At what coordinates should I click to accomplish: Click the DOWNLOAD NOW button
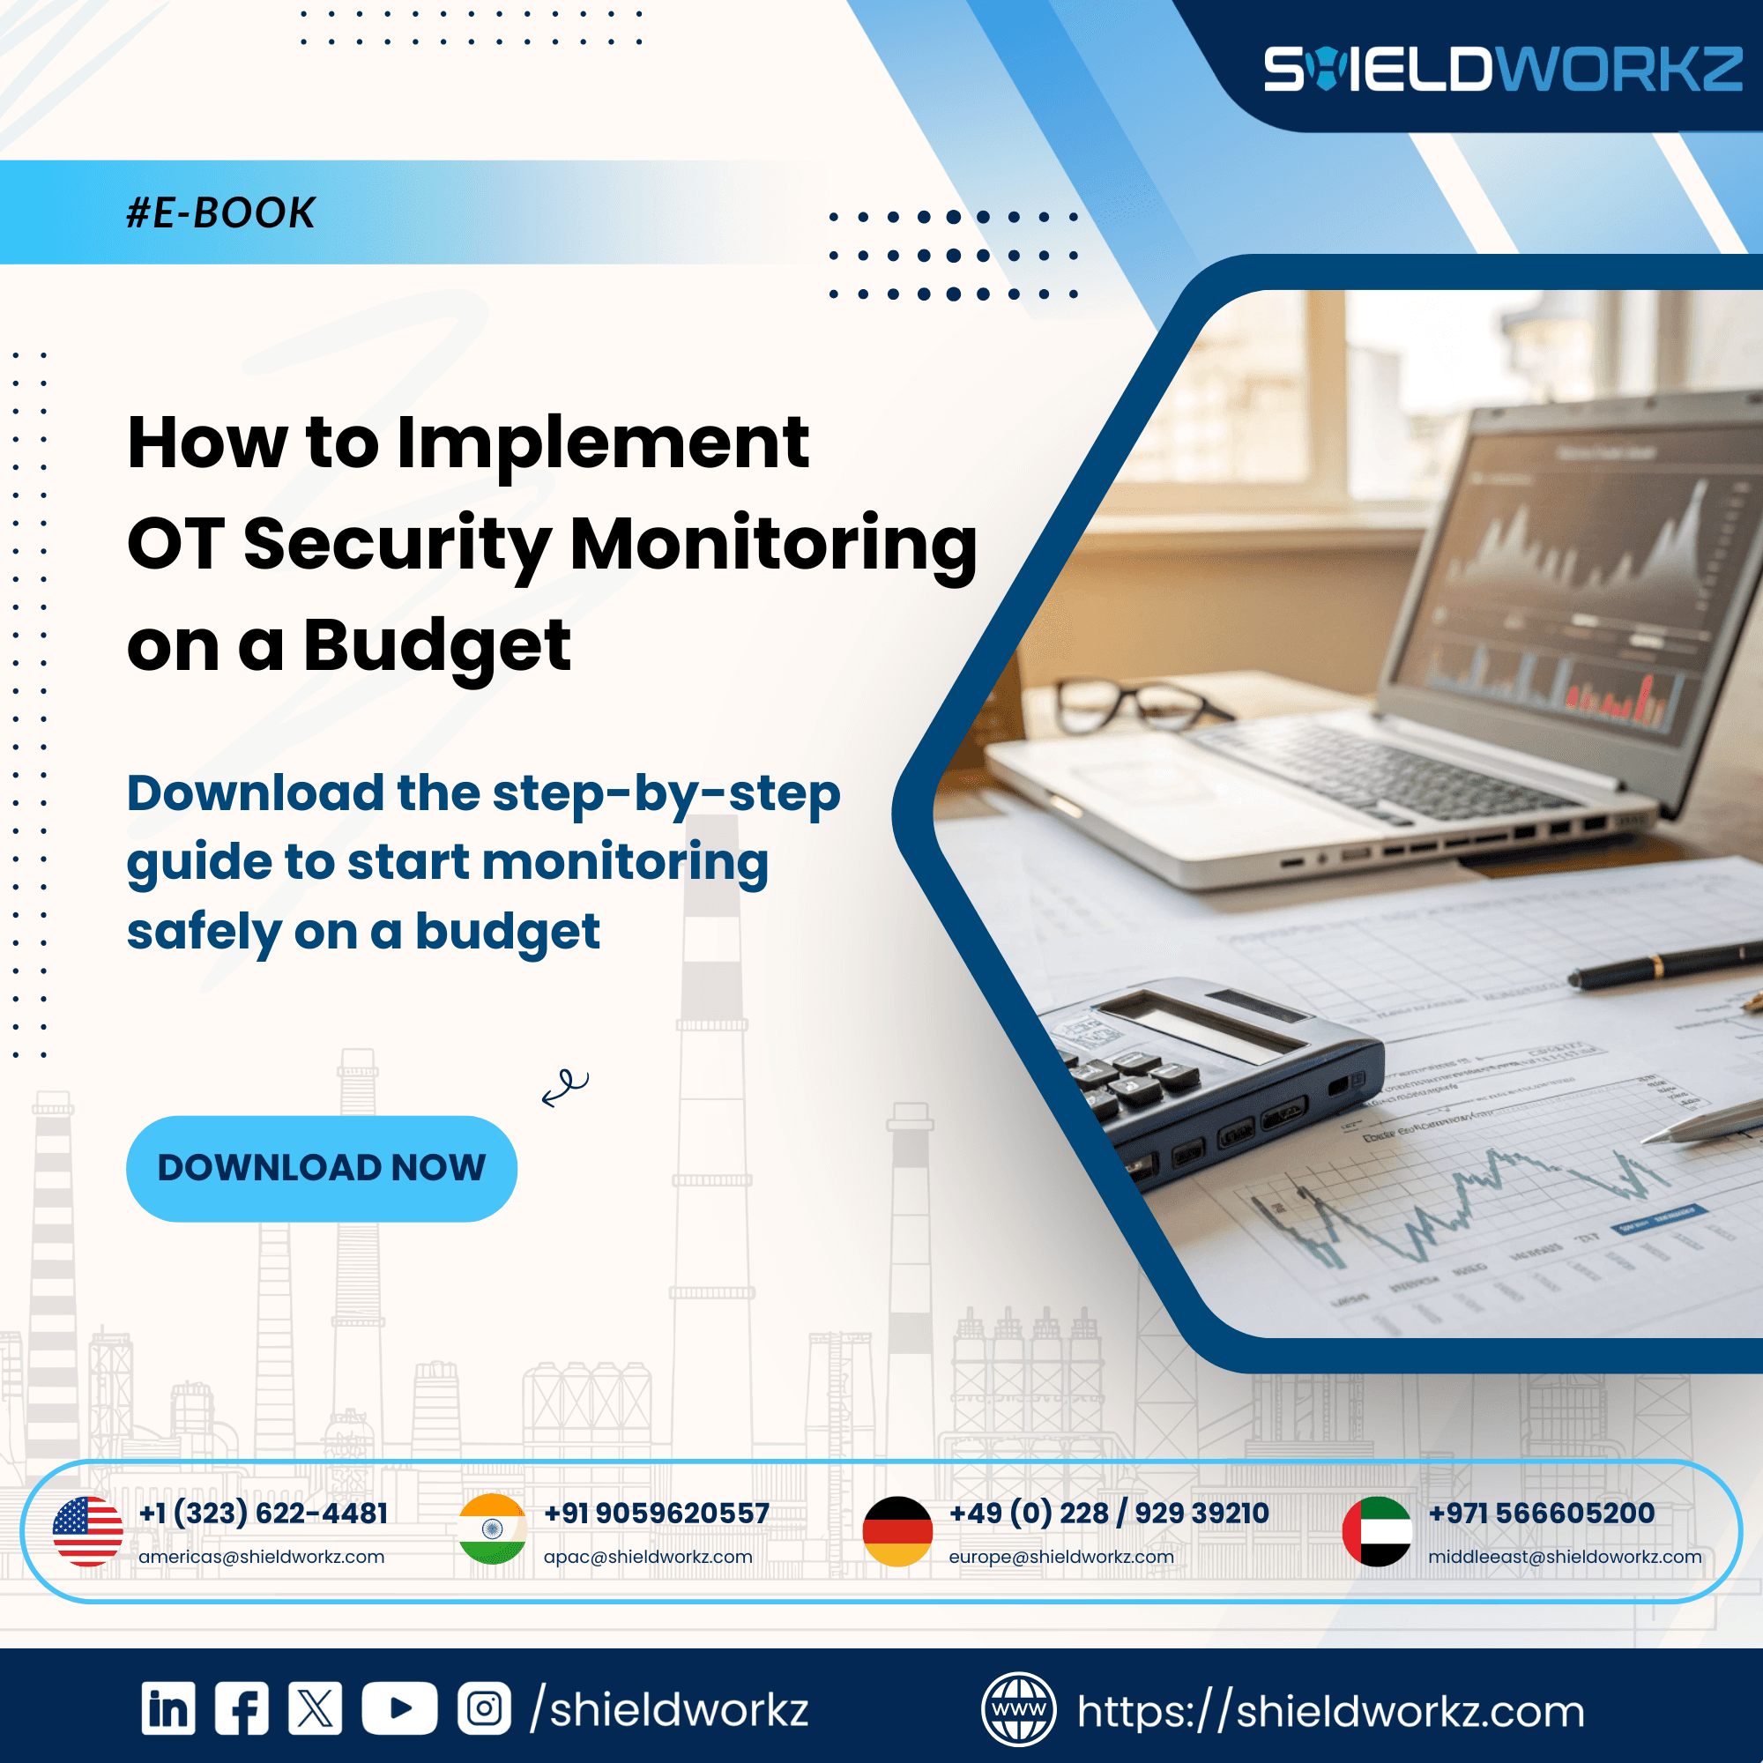point(321,1168)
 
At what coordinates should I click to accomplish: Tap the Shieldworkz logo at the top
point(1502,70)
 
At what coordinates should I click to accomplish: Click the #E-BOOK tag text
point(221,212)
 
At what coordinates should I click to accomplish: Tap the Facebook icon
point(242,1708)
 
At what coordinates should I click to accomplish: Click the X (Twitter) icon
point(315,1708)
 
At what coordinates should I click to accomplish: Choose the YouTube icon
point(398,1708)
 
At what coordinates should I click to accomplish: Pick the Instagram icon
point(484,1708)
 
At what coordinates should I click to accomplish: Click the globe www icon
point(1018,1709)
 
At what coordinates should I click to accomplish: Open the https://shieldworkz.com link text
point(1330,1711)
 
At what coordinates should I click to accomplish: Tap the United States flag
point(87,1531)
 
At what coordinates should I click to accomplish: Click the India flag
point(493,1529)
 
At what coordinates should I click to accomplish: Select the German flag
point(898,1531)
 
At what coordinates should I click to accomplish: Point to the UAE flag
point(1377,1531)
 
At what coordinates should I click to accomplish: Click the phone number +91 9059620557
point(656,1513)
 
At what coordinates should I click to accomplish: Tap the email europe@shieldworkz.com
point(1061,1557)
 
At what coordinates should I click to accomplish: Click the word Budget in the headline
point(436,646)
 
